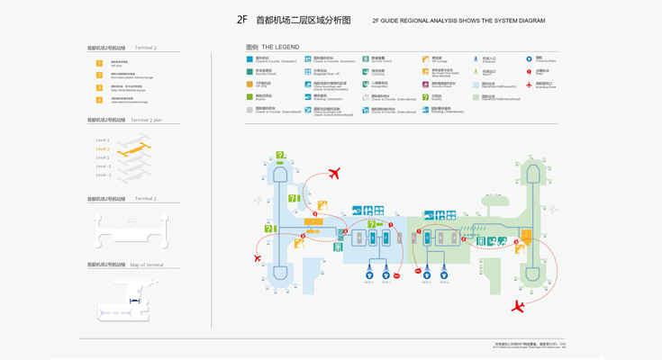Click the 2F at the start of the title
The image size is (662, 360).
(242, 19)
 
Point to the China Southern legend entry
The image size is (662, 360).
(540, 59)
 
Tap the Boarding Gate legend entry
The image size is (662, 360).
(540, 85)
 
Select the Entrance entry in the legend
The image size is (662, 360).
(487, 59)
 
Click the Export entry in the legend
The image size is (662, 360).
(487, 72)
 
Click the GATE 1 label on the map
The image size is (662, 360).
(369, 282)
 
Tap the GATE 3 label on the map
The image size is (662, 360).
(427, 282)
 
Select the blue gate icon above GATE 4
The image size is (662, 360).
(445, 273)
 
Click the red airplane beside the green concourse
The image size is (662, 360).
(517, 307)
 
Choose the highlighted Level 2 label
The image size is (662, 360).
(103, 148)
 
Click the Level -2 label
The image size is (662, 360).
(103, 175)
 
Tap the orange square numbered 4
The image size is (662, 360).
(100, 100)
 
